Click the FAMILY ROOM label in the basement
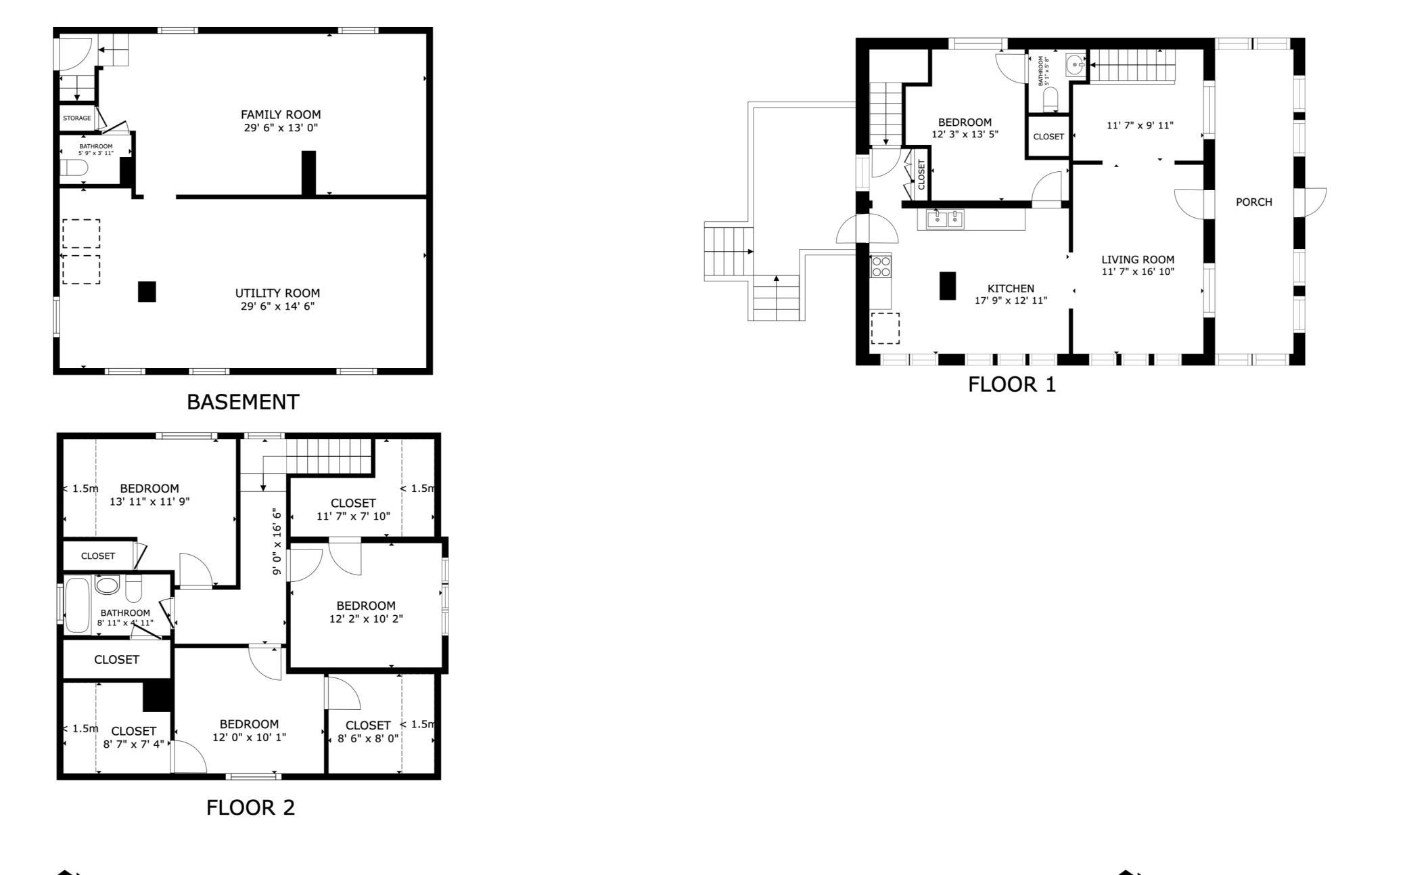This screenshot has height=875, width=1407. click(281, 114)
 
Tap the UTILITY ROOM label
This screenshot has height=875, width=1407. click(277, 293)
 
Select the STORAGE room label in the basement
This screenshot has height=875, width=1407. click(77, 118)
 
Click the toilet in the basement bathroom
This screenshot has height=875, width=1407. click(74, 167)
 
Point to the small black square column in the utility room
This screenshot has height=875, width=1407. click(147, 292)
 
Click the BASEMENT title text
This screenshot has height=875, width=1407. click(243, 402)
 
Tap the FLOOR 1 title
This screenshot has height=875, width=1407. click(1012, 384)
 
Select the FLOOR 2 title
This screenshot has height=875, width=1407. click(251, 807)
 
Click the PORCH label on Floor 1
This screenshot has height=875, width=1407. click(1254, 202)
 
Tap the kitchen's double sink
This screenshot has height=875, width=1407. click(946, 219)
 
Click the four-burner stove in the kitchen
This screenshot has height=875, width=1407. click(881, 266)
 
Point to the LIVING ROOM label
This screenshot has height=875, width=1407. click(1138, 259)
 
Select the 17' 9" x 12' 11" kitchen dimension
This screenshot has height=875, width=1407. click(1011, 300)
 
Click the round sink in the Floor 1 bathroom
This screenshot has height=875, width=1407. click(1076, 65)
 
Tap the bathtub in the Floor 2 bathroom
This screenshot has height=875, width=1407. click(77, 605)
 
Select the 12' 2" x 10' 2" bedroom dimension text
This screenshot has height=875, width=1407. click(366, 619)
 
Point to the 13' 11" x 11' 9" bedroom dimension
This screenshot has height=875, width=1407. click(149, 501)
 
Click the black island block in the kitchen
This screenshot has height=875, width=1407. click(948, 286)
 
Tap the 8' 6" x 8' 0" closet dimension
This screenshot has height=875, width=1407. click(368, 738)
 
